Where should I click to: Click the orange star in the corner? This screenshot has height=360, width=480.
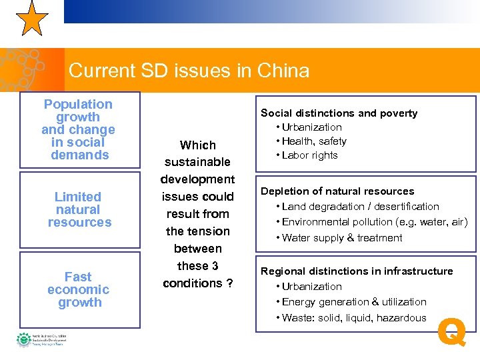point(31,19)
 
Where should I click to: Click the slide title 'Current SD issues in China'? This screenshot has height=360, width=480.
point(189,71)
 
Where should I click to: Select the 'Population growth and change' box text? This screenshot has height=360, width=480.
point(79,129)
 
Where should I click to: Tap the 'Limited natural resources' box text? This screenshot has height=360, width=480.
point(79,209)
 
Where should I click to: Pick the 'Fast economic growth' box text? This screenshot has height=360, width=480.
point(79,289)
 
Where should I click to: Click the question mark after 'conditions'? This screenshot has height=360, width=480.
point(229,283)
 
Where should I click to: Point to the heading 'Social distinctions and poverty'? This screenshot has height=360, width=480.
point(339,113)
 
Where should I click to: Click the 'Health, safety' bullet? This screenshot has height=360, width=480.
point(314,141)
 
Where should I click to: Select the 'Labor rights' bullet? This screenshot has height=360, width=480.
point(310,155)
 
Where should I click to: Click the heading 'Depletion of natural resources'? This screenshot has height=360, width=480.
point(337,191)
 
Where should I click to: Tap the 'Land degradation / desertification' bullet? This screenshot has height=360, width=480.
point(360,207)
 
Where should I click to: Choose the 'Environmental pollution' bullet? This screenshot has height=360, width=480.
point(374,222)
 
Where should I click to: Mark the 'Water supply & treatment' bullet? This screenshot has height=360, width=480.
point(342,238)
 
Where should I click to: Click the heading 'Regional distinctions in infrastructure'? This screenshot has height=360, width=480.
point(357,271)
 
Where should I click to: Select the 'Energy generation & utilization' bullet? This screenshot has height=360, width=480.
point(354,302)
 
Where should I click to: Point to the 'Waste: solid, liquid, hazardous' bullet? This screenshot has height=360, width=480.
point(353,318)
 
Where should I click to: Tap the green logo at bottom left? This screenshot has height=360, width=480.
point(24,340)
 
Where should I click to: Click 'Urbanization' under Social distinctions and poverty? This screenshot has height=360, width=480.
point(311,127)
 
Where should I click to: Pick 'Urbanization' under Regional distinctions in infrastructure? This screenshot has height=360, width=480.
point(311,287)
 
